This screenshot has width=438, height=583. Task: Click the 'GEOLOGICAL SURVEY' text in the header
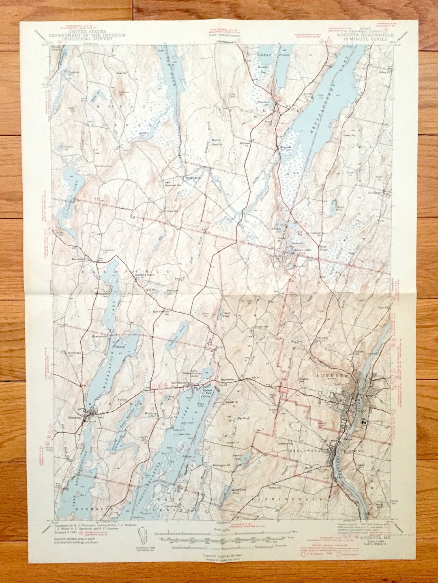click(x=87, y=39)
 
